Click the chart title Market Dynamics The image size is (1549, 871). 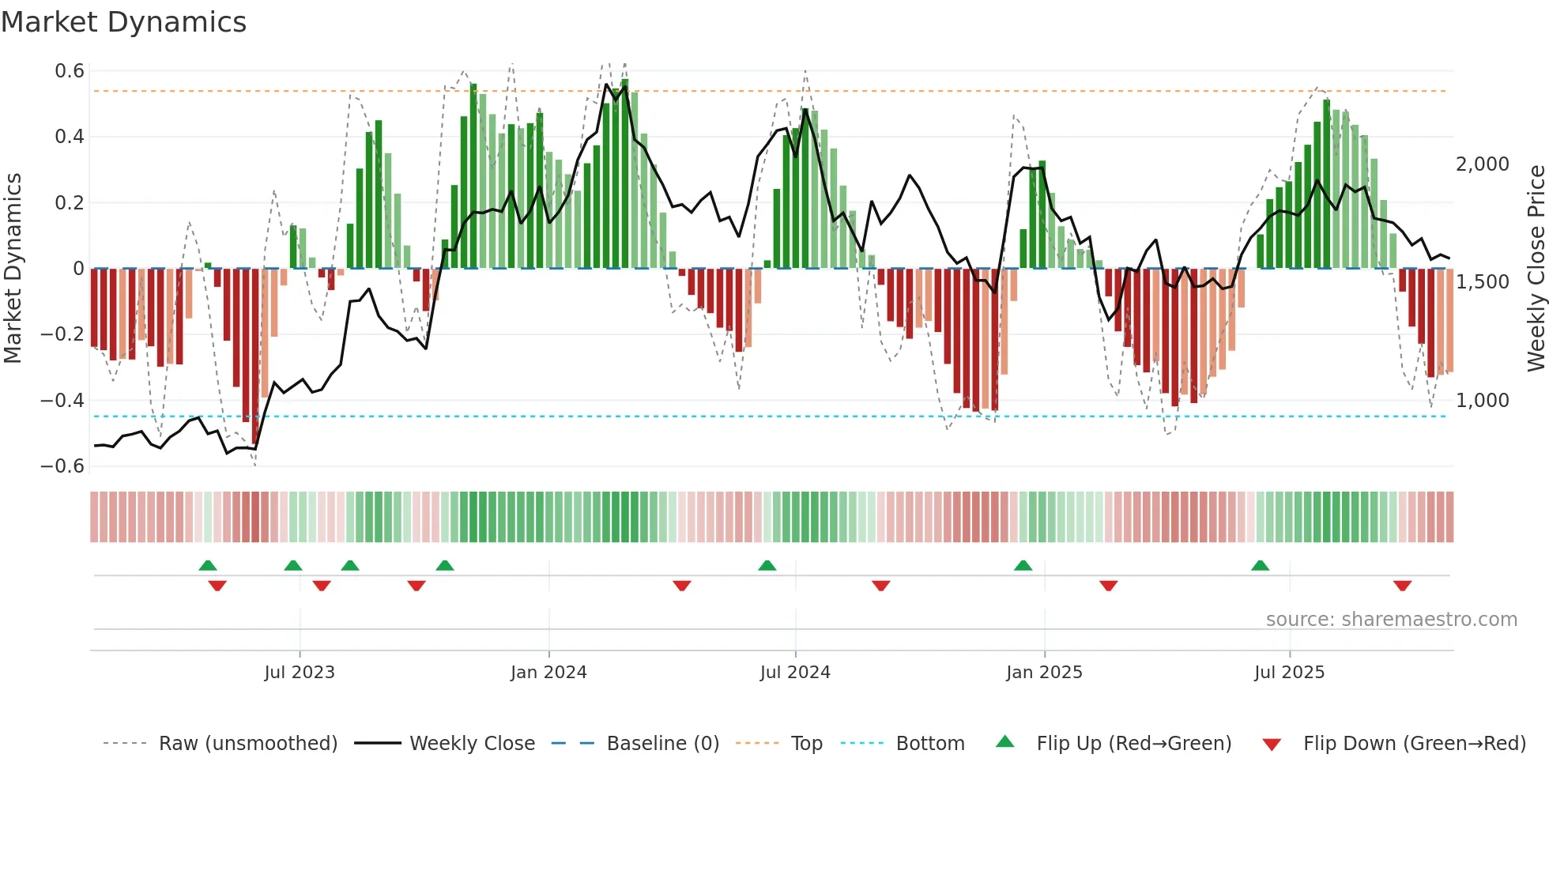pos(123,22)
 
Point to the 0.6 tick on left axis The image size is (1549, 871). pos(70,71)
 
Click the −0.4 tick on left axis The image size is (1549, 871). pos(62,400)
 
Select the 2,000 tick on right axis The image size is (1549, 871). pos(1483,164)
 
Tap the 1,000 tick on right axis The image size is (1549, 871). pos(1483,401)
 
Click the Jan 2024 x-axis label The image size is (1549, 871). pos(548,673)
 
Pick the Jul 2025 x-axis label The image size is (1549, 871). pos(1289,673)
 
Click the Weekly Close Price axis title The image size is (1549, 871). pos(1536,268)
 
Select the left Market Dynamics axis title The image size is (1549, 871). pos(13,268)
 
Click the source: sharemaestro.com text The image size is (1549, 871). pos(1391,620)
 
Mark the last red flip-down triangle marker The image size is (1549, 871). pos(1403,586)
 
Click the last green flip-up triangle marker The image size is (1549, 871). pos(1261,565)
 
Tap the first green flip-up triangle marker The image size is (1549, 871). pos(208,565)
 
